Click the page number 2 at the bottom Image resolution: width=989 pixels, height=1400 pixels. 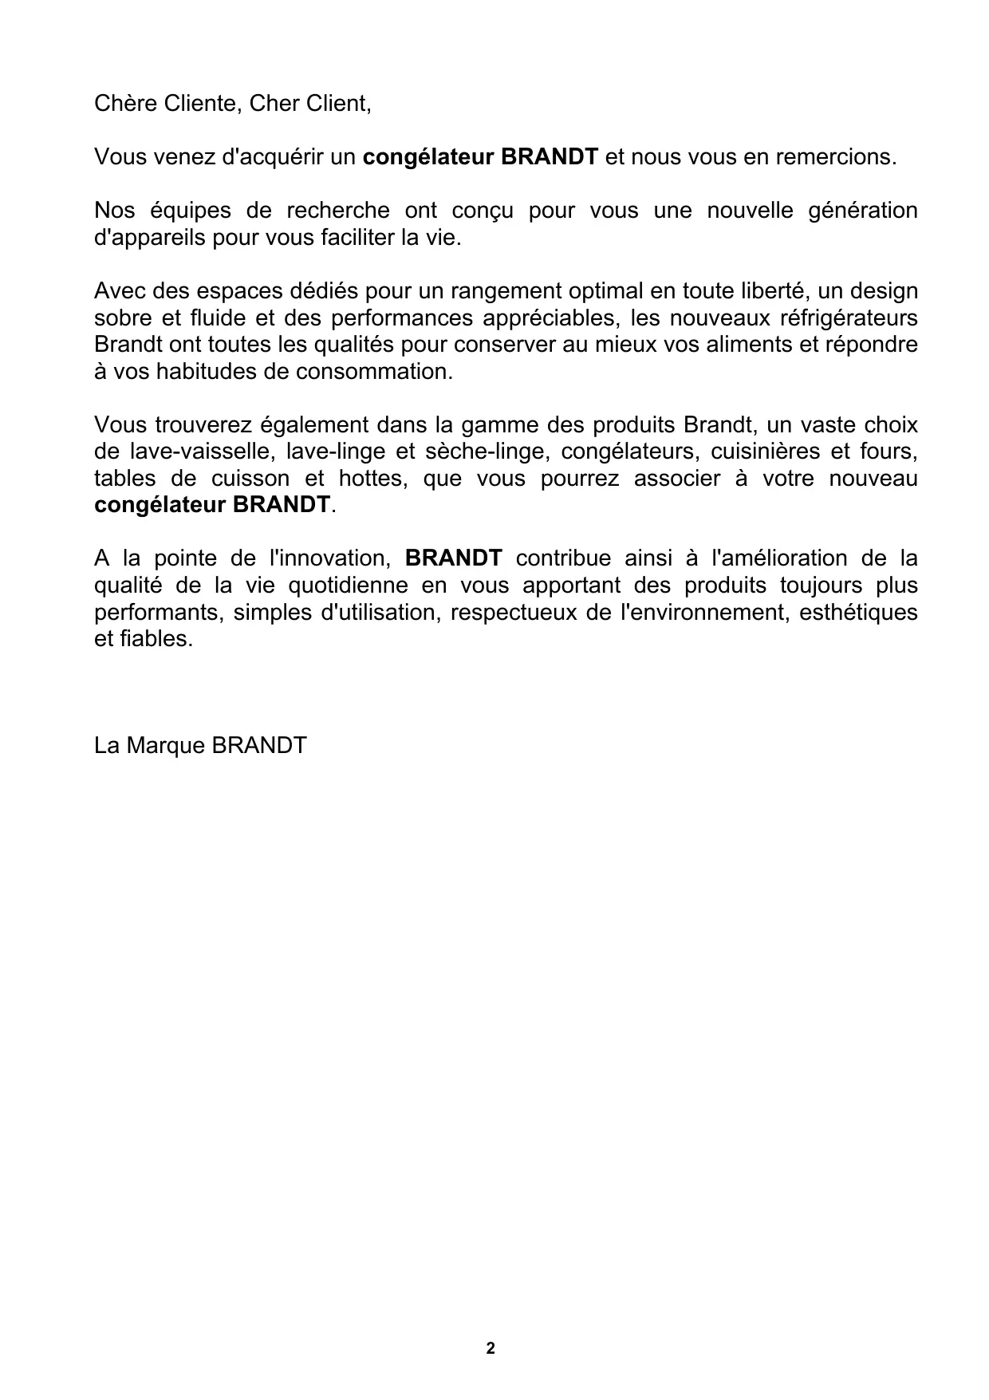(490, 1348)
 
